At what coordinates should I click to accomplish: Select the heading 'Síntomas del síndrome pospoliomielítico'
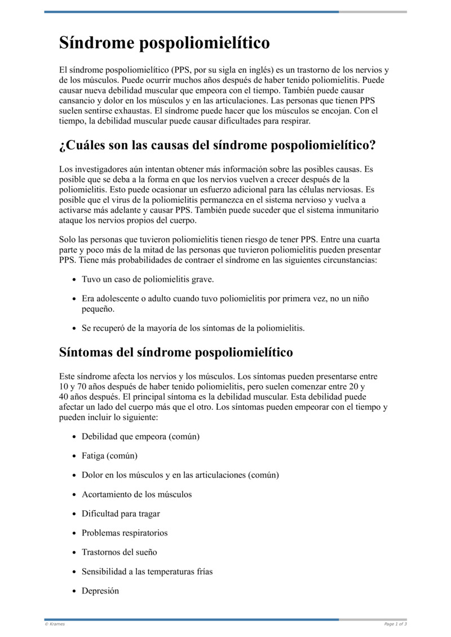176,352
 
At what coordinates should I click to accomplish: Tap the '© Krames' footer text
55,624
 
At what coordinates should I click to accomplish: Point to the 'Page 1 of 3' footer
395,624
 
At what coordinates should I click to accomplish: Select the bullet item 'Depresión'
100,591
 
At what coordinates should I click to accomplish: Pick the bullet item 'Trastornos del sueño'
119,552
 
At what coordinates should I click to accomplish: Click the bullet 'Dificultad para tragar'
121,514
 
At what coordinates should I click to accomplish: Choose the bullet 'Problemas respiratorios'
125,533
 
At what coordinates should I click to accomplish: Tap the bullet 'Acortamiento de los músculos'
136,494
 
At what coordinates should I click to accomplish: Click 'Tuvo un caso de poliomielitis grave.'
148,279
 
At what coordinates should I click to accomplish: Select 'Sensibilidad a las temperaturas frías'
147,572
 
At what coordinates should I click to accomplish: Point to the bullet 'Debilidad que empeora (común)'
140,436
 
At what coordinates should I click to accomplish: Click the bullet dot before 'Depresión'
76,591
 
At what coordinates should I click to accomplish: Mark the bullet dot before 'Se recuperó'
76,328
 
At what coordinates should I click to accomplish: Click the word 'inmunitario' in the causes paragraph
357,210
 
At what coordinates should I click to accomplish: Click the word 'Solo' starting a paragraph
68,239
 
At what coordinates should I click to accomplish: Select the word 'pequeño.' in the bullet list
98,309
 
